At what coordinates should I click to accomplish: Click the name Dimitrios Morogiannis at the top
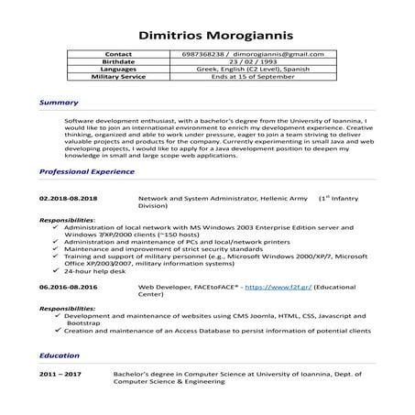coord(207,37)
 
